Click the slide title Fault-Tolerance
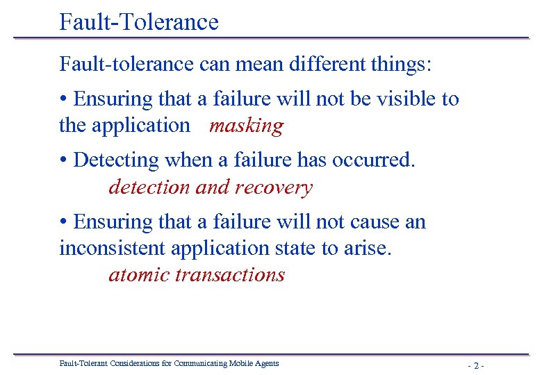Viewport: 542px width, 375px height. click(139, 22)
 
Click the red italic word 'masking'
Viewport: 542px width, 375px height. click(247, 126)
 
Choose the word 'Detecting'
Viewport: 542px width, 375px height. click(116, 160)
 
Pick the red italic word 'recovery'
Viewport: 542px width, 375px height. click(274, 187)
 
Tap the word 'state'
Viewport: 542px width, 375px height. click(297, 248)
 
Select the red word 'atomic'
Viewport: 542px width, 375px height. click(139, 274)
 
